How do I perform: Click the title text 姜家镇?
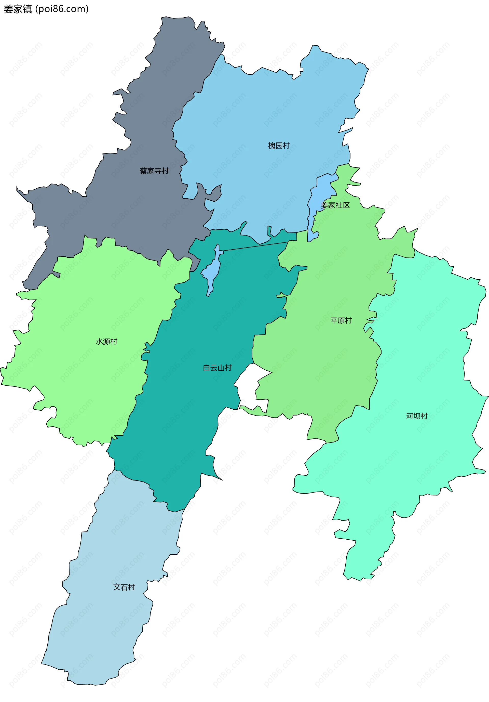point(18,9)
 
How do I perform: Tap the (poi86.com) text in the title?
point(62,9)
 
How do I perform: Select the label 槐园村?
point(279,146)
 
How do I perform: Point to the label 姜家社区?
point(335,205)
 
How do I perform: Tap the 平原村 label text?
point(341,320)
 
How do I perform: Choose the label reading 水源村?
point(106,342)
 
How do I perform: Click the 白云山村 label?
point(217,368)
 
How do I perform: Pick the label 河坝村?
point(416,416)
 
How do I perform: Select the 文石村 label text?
point(124,587)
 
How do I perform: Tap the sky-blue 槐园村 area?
point(260,116)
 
